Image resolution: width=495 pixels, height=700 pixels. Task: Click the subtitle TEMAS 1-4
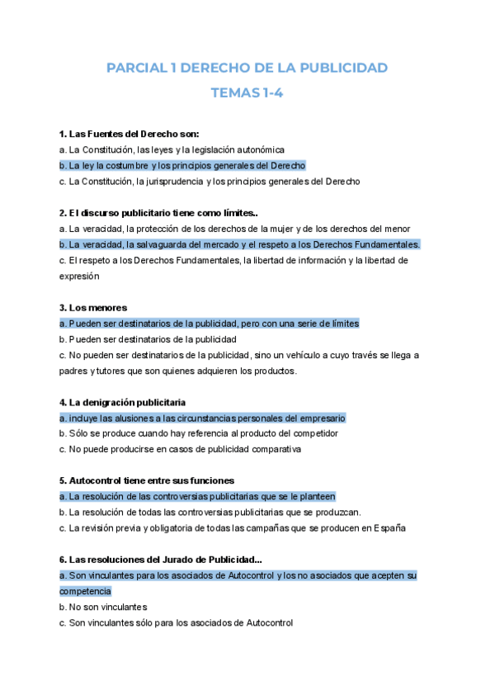click(247, 92)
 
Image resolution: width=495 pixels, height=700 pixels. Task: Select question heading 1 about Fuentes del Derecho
click(130, 134)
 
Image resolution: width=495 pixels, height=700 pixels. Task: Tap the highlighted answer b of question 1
click(182, 165)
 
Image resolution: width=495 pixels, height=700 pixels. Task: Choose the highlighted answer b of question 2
click(239, 244)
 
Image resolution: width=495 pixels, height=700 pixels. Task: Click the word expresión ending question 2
click(78, 277)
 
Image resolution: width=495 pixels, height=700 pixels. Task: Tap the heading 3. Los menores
click(94, 308)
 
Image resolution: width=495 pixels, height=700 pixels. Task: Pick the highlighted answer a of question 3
click(209, 324)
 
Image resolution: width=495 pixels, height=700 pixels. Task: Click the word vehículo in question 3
click(313, 355)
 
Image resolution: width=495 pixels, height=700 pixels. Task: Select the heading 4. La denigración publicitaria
click(122, 402)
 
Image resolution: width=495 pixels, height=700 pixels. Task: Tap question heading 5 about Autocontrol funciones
click(148, 480)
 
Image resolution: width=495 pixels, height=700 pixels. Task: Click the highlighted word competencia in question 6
click(85, 591)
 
